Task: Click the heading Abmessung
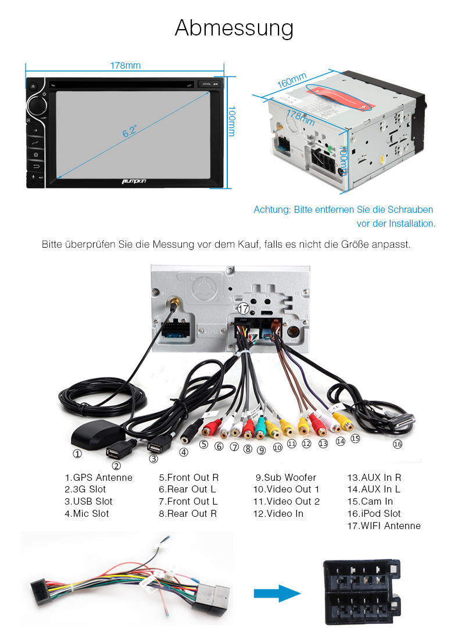tap(234, 28)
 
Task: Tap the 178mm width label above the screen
tap(126, 66)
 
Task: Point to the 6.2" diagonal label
tap(130, 132)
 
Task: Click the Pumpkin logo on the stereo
tap(134, 181)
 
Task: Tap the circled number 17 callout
tap(243, 309)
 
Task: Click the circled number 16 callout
tap(398, 444)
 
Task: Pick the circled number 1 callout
tap(77, 454)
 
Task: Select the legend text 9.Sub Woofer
tap(286, 478)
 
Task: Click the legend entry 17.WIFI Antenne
tap(384, 526)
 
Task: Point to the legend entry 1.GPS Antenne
tap(98, 478)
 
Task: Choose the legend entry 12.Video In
tap(278, 514)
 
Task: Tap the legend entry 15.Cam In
tap(370, 502)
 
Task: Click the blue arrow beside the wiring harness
tap(277, 593)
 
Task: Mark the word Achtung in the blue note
tap(271, 209)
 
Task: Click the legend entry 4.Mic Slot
tap(87, 514)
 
